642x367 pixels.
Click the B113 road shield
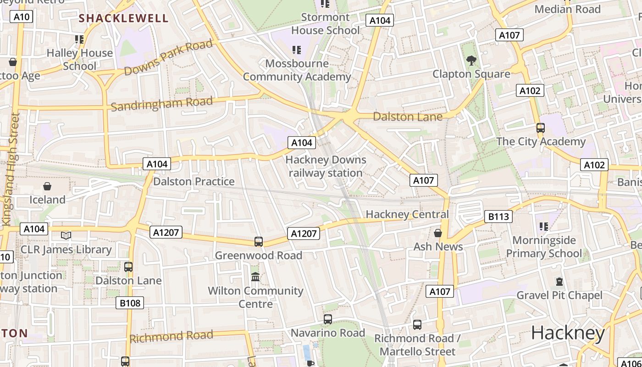[498, 217]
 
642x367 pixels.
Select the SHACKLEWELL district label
[124, 18]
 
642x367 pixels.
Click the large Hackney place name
[568, 333]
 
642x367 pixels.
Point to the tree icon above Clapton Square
[470, 60]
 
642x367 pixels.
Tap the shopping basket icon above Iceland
[47, 186]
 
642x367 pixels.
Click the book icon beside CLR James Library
[66, 235]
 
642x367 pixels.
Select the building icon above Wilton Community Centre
[255, 277]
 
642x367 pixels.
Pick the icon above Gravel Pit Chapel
[559, 281]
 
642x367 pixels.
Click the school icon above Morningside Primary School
[544, 226]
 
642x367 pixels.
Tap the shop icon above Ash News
[438, 233]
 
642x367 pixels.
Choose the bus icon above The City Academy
[541, 128]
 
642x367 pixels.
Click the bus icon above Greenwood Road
[259, 242]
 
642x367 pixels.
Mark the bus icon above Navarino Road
[328, 319]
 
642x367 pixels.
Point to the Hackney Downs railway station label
[326, 167]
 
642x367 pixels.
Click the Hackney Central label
[407, 214]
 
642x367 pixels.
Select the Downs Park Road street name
[168, 57]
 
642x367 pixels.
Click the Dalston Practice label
[194, 182]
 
